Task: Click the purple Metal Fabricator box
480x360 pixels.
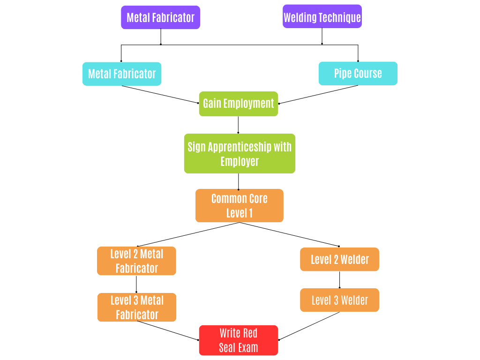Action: click(x=160, y=17)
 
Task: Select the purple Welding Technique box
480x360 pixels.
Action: click(x=322, y=17)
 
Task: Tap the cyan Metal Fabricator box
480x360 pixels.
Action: click(x=122, y=74)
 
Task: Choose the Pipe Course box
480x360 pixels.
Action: click(x=358, y=74)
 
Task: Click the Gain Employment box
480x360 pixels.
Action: click(x=238, y=104)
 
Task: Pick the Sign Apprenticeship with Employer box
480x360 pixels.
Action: click(x=240, y=153)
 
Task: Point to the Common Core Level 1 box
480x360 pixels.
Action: click(x=239, y=205)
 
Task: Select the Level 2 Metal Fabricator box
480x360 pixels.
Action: click(x=136, y=261)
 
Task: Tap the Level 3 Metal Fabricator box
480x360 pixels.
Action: click(x=137, y=307)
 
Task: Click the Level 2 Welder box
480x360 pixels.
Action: click(x=339, y=259)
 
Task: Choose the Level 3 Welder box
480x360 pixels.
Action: click(x=339, y=300)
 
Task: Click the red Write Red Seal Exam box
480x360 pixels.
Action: click(x=238, y=340)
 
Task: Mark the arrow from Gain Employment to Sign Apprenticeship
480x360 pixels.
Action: click(x=238, y=125)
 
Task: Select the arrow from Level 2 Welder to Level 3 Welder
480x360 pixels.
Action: click(x=339, y=279)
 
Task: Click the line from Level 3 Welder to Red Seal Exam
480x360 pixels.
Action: click(x=309, y=326)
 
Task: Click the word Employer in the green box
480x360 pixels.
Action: click(x=240, y=161)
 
